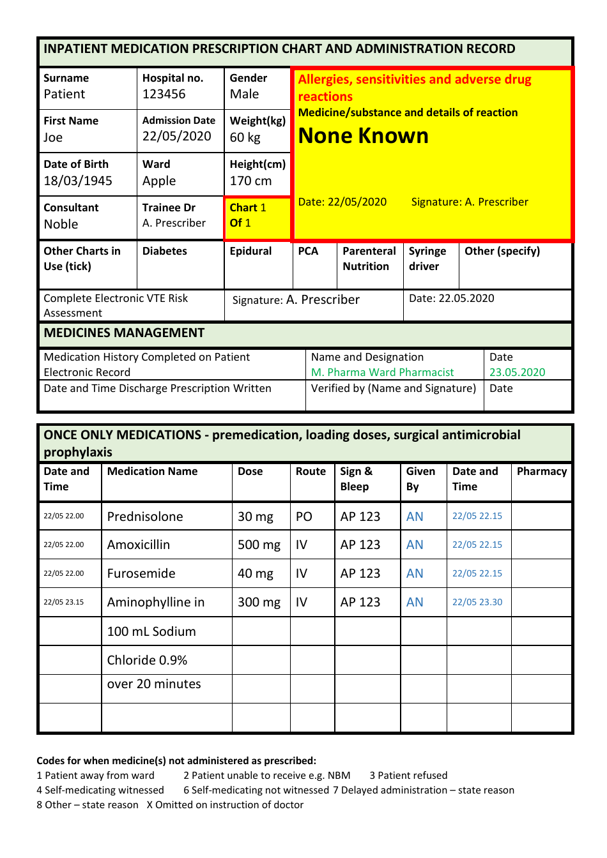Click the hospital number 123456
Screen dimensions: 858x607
(x=164, y=94)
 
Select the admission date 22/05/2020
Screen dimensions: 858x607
(x=176, y=137)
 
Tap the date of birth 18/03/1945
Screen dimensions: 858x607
(x=77, y=181)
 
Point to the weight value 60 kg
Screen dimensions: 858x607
(x=245, y=138)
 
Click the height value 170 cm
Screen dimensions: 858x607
(x=250, y=181)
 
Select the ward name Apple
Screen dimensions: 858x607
(x=159, y=181)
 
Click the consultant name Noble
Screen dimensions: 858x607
(x=61, y=225)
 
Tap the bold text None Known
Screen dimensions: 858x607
(x=363, y=136)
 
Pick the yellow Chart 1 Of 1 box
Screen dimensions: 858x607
(x=257, y=216)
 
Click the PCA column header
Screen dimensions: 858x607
(x=308, y=252)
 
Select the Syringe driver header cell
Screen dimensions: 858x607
(x=427, y=259)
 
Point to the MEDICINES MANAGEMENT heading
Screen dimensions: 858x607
(x=124, y=333)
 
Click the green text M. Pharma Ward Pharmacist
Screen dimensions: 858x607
(x=382, y=373)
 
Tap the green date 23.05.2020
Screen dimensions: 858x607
(x=517, y=373)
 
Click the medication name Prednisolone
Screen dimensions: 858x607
(x=145, y=517)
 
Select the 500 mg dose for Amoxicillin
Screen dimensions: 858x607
(x=259, y=545)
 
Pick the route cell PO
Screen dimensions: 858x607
(x=303, y=517)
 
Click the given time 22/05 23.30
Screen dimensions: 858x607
(x=477, y=603)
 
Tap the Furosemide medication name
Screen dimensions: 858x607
(x=141, y=574)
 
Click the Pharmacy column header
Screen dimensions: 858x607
(x=541, y=472)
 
